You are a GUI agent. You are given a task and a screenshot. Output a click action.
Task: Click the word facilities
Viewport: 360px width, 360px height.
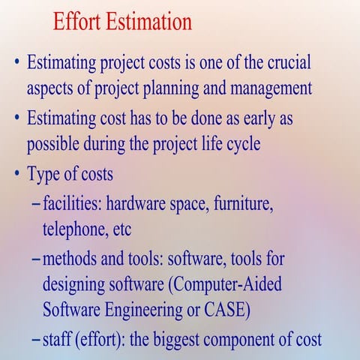pos(73,202)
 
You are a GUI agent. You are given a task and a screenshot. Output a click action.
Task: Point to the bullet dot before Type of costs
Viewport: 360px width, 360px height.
pos(15,174)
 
